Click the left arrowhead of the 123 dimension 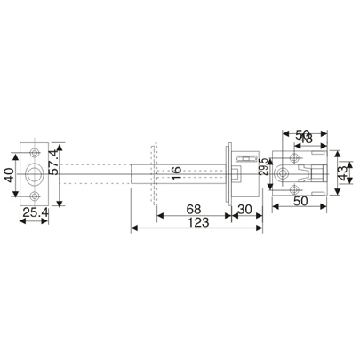click(133, 229)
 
